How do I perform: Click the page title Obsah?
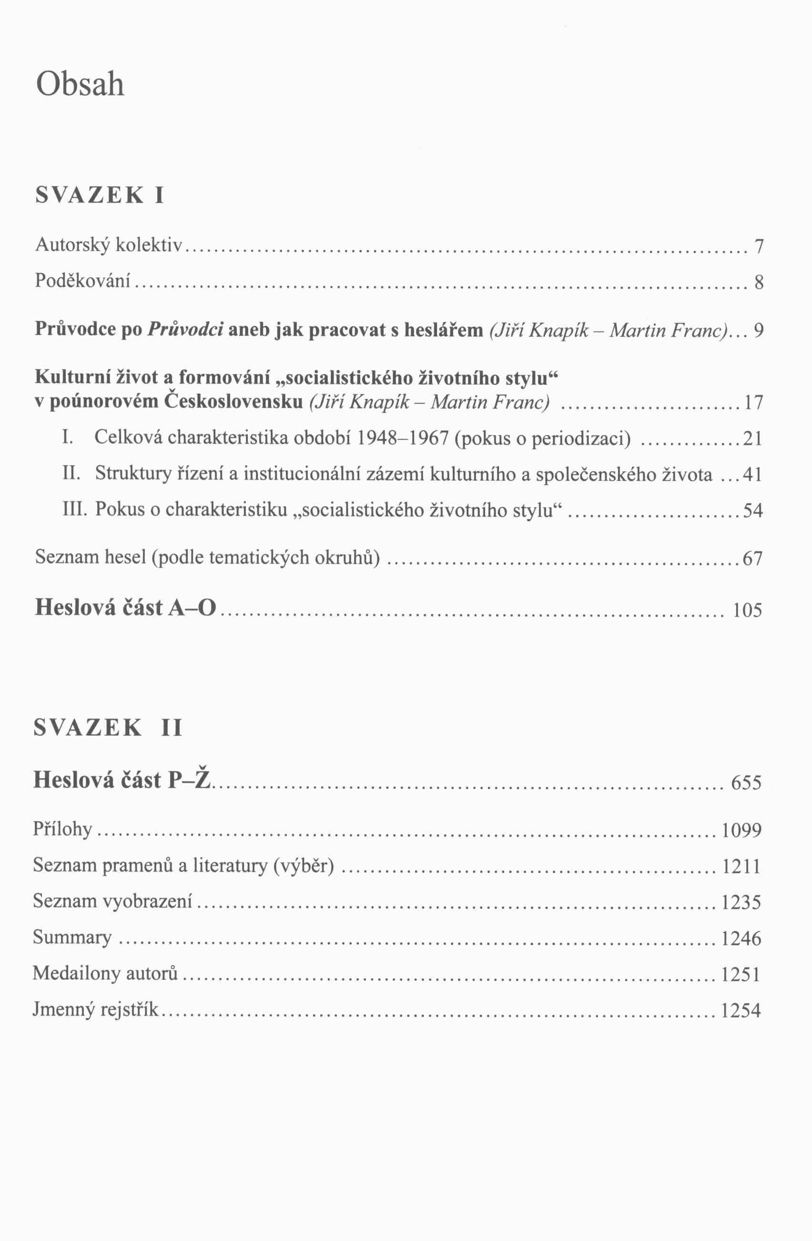tap(81, 84)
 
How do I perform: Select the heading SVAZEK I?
tap(100, 195)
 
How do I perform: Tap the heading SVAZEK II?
tap(108, 728)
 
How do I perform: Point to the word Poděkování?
tap(82, 282)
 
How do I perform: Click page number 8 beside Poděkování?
tap(759, 283)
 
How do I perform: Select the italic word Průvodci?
tap(186, 329)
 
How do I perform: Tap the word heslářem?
tap(444, 329)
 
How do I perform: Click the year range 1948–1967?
tap(403, 438)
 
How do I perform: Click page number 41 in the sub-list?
tap(752, 475)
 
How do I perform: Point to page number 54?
tap(752, 510)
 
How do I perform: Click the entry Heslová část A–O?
tap(125, 608)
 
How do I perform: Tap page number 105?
tap(747, 610)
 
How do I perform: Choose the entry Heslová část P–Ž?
tap(122, 780)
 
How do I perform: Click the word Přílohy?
tap(62, 829)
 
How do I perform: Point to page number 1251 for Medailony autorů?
tap(740, 974)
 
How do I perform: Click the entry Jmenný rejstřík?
tap(95, 1009)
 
